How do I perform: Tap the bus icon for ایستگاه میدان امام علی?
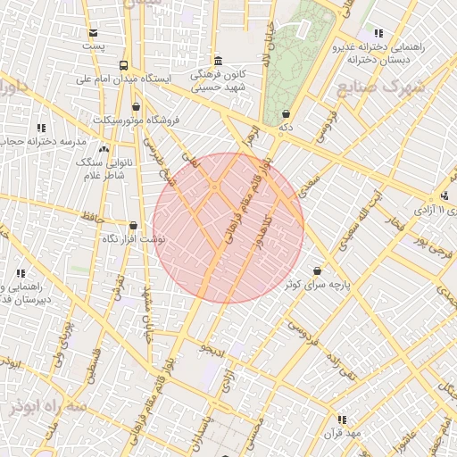(x=122, y=65)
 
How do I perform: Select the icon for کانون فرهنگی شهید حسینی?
(x=219, y=61)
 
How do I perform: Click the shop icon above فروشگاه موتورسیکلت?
(x=135, y=106)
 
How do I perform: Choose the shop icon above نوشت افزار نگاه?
(x=133, y=227)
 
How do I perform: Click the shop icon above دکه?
(x=286, y=114)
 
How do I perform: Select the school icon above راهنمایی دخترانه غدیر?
(x=379, y=32)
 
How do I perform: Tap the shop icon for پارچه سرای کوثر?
(x=319, y=271)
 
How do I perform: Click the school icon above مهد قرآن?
(x=342, y=419)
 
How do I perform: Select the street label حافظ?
(x=94, y=215)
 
